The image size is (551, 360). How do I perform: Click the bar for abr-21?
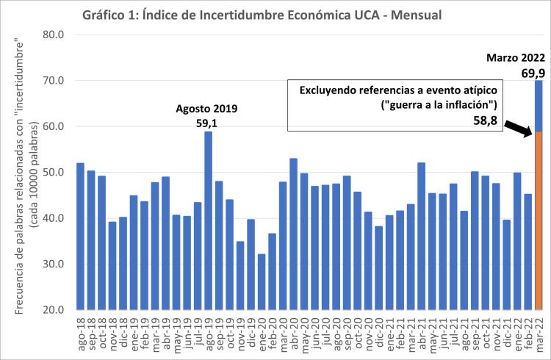click(x=422, y=236)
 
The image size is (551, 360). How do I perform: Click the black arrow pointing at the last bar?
click(x=519, y=129)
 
